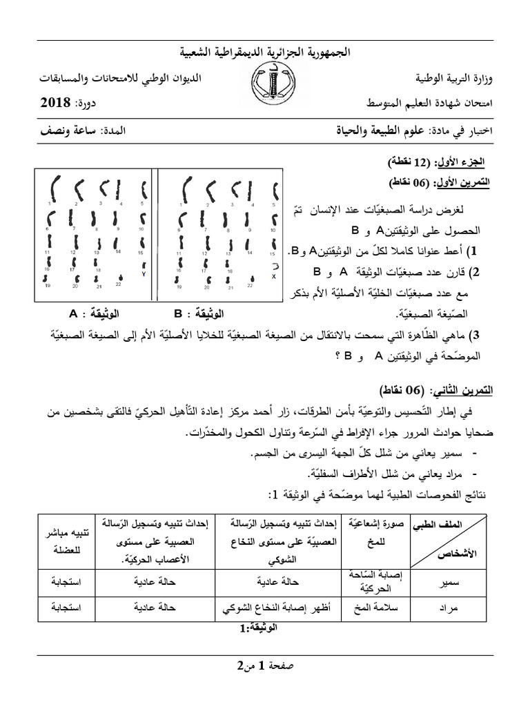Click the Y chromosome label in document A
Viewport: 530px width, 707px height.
click(144, 273)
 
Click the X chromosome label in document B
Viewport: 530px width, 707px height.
click(275, 276)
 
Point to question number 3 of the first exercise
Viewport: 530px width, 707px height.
click(473, 336)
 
